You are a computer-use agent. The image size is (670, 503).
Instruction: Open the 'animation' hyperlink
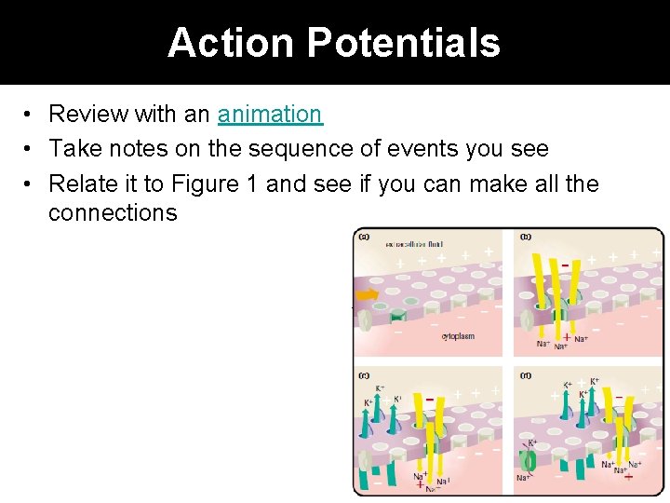270,115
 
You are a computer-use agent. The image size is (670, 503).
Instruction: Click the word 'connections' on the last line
113,213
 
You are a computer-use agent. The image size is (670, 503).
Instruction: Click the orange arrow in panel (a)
368,295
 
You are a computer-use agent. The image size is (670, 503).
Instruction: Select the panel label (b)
526,237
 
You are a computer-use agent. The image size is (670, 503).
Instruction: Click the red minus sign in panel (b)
564,265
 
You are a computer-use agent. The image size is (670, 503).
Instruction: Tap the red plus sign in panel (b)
567,337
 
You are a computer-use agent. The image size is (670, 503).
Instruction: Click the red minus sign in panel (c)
429,401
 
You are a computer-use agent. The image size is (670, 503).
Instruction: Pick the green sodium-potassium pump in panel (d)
530,460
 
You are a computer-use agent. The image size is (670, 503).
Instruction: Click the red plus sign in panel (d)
628,476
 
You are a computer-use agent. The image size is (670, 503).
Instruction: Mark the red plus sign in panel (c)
420,484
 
